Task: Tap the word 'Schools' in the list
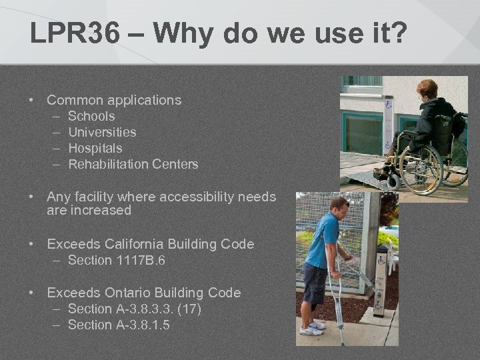pos(91,116)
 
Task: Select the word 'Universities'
pos(102,132)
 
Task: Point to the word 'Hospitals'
pos(95,148)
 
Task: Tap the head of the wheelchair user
pos(427,89)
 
